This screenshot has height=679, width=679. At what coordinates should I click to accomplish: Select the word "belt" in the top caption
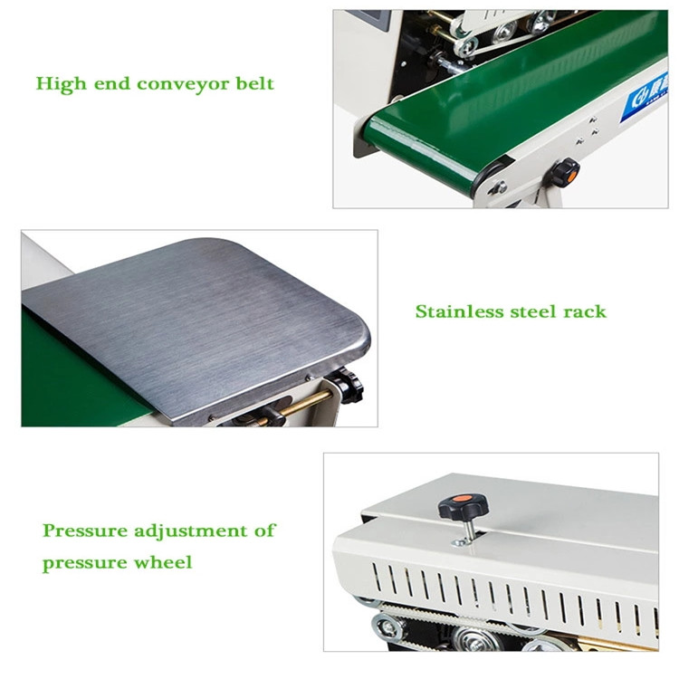point(253,85)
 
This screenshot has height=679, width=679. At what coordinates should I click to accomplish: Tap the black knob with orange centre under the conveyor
point(566,170)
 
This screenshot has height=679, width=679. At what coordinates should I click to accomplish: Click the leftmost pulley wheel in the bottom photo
point(385,625)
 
